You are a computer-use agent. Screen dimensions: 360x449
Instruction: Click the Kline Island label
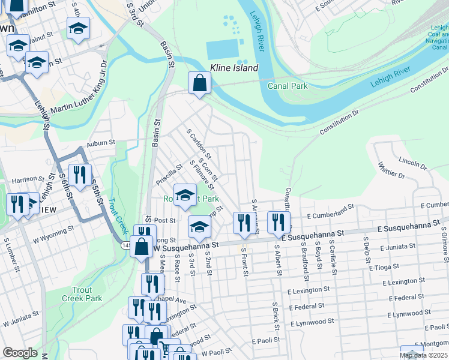(x=234, y=68)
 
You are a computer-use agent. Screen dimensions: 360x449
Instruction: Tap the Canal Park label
(x=287, y=86)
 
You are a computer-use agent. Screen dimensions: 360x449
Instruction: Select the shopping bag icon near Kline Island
(x=199, y=83)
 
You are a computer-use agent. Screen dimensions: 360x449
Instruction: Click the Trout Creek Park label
(x=82, y=293)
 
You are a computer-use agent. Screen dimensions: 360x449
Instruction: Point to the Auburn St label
(x=100, y=143)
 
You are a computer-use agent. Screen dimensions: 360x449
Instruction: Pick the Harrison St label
(x=25, y=179)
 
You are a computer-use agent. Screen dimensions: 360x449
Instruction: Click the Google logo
(x=20, y=353)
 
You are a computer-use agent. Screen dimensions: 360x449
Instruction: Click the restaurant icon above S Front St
(x=243, y=221)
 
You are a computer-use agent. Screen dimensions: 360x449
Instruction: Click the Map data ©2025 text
(x=424, y=355)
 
